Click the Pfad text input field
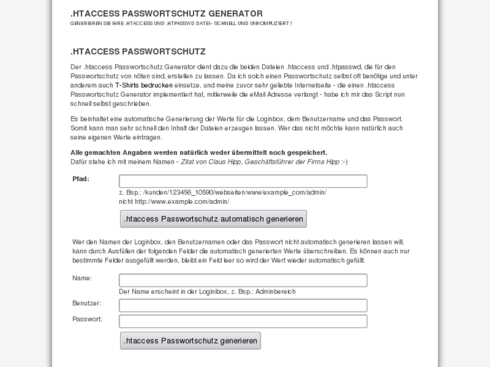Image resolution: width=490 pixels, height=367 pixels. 243,181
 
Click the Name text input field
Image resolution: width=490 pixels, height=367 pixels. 243,280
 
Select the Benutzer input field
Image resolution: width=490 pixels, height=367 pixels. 243,306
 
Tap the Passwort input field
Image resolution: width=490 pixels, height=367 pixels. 243,321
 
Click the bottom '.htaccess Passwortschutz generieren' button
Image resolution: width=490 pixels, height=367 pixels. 190,341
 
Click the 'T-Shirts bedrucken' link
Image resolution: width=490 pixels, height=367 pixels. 144,86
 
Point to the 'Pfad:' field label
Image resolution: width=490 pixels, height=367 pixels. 81,179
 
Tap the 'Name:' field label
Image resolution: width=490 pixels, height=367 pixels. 82,278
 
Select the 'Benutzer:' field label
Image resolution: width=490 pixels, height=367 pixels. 86,303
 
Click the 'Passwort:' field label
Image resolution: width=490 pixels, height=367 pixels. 87,319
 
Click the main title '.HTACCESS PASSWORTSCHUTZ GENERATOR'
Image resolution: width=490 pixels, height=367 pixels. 166,13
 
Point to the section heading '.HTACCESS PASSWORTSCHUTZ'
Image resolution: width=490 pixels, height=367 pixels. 137,52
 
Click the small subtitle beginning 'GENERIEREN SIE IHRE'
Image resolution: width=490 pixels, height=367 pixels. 181,24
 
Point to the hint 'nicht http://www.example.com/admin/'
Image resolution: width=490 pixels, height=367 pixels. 174,201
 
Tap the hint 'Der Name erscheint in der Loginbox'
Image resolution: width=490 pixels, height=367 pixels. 207,292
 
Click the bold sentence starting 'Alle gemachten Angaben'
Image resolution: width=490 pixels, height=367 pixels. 198,153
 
